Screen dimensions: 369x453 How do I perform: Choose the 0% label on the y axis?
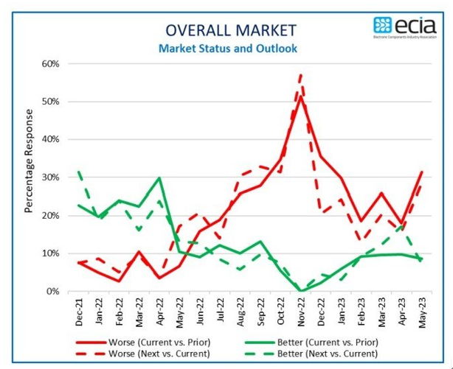tap(52, 292)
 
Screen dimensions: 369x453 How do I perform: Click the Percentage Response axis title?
tap(29, 161)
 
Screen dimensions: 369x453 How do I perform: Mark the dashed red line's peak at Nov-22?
tap(301, 74)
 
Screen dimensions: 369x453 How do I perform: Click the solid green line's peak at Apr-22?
tap(159, 178)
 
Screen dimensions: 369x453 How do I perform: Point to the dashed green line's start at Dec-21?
tap(79, 172)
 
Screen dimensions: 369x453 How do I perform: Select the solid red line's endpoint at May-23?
tap(421, 172)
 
